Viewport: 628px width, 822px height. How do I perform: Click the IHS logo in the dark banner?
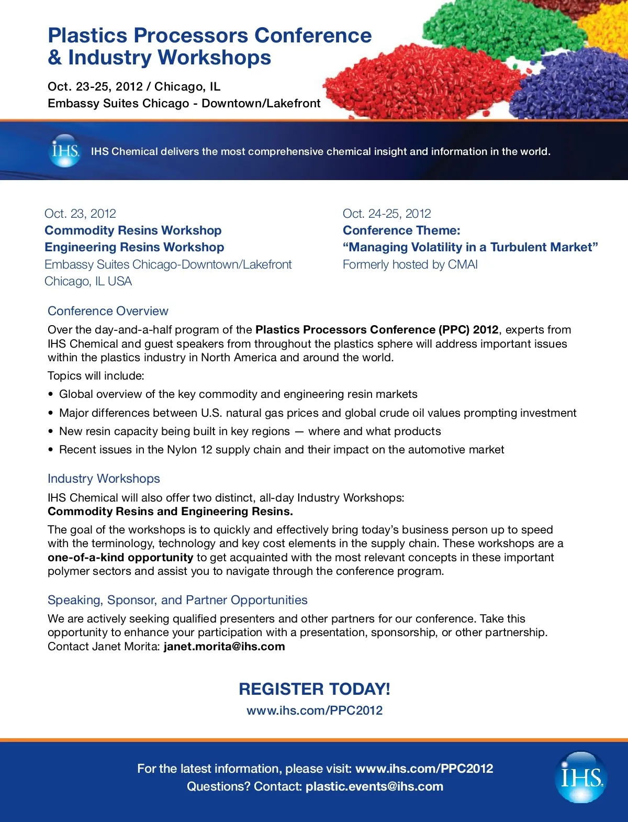[x=65, y=151]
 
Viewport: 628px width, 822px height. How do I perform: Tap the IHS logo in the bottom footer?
[x=581, y=777]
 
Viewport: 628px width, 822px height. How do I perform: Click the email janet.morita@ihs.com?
[x=224, y=647]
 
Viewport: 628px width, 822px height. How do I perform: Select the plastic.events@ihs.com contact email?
[x=374, y=786]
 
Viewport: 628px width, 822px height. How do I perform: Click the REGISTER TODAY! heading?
[x=315, y=689]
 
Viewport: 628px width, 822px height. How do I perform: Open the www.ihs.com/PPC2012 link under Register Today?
[x=315, y=710]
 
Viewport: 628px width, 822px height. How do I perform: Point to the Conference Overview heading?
[x=108, y=311]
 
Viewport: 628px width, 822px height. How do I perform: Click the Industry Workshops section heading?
[x=104, y=479]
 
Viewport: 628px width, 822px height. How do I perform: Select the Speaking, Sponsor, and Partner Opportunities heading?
[x=177, y=600]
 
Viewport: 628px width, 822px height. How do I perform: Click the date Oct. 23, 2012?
[x=80, y=214]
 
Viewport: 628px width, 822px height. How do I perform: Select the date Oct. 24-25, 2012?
[x=387, y=214]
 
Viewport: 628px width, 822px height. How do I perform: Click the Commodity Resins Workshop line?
[x=133, y=230]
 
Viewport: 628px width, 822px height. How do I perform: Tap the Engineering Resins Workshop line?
[x=134, y=247]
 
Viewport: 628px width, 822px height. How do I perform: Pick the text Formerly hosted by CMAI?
[x=410, y=264]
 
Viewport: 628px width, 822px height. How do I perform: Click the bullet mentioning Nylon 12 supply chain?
[x=282, y=450]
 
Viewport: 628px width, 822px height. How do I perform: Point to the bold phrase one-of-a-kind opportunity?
[x=120, y=558]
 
